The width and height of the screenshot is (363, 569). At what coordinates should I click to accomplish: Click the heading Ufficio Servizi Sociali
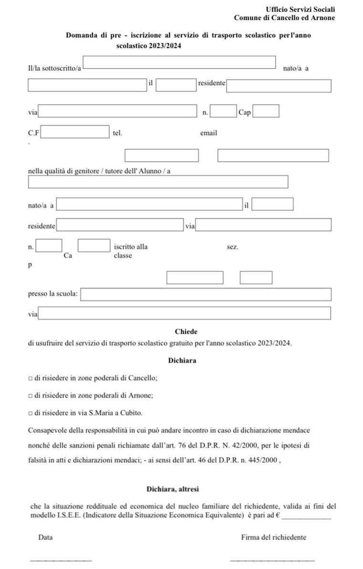click(300, 10)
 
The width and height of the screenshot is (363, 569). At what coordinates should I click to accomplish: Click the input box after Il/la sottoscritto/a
click(179, 62)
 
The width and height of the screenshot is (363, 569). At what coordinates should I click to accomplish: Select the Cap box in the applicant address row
click(266, 112)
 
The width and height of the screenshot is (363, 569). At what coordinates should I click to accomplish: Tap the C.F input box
click(75, 132)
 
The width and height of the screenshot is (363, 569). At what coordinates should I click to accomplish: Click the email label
click(208, 133)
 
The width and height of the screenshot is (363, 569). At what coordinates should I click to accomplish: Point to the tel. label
click(117, 133)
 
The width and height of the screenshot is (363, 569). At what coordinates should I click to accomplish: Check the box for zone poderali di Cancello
click(30, 378)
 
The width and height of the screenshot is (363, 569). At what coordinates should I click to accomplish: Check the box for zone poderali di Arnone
click(30, 395)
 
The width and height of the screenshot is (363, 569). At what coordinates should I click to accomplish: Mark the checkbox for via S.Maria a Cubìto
click(30, 413)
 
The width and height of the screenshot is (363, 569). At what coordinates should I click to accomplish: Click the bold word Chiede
click(186, 331)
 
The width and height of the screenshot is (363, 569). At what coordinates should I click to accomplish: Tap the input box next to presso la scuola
click(206, 295)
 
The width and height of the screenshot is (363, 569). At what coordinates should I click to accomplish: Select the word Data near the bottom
click(45, 538)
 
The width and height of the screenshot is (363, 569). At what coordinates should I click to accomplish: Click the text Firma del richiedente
click(273, 538)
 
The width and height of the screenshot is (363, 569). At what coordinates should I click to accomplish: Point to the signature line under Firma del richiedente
click(272, 560)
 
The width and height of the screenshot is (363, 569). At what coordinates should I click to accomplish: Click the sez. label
click(232, 247)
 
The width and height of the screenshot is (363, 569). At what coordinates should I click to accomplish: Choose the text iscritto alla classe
click(130, 251)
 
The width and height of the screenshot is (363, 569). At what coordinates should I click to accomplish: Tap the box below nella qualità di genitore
click(158, 182)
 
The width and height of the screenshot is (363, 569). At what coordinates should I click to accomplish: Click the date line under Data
click(61, 560)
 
